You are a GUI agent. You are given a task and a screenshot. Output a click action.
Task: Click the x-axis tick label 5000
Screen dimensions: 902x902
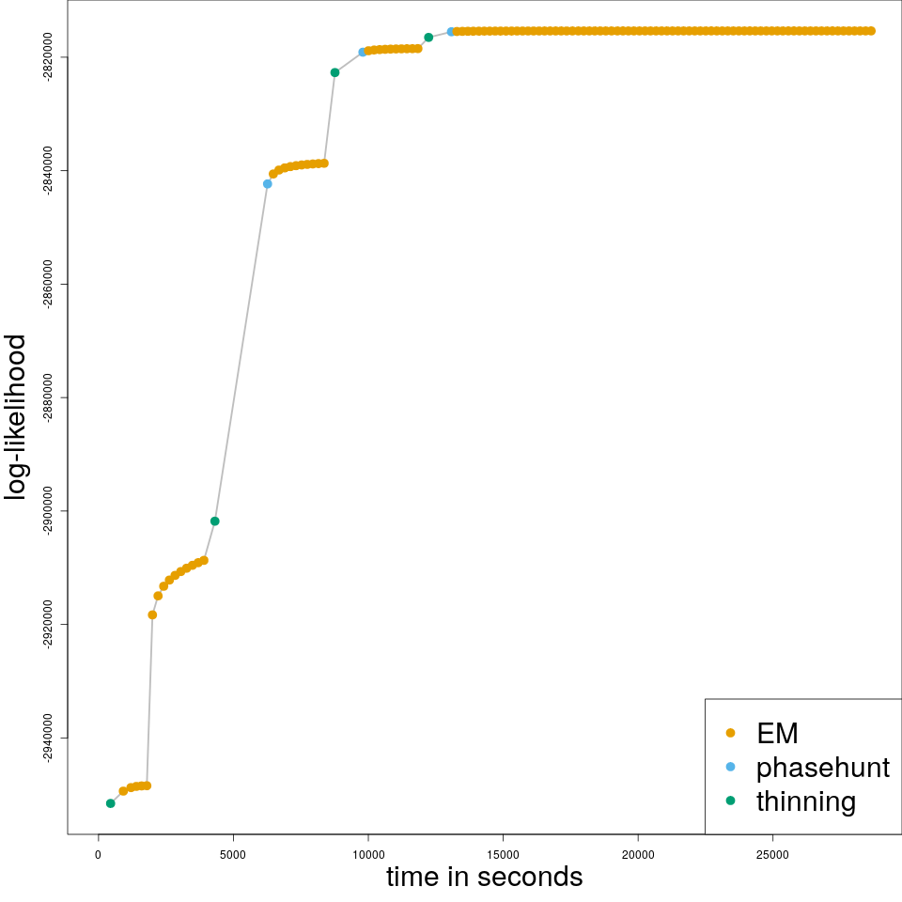click(233, 853)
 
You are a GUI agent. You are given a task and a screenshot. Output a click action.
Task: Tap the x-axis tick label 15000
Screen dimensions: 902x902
click(503, 853)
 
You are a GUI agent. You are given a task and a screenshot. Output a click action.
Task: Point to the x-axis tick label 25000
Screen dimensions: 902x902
click(772, 853)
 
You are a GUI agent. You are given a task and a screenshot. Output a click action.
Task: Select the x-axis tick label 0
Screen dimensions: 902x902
click(98, 853)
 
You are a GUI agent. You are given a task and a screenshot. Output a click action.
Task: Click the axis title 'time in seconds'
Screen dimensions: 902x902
click(484, 877)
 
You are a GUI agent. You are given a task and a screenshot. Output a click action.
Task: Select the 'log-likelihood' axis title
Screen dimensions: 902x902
click(17, 417)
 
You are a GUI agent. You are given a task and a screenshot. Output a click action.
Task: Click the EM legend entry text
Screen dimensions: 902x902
click(777, 733)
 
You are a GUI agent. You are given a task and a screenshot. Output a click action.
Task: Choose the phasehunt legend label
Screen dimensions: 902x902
click(822, 767)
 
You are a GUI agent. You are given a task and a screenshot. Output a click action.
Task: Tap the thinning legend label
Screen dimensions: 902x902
click(806, 801)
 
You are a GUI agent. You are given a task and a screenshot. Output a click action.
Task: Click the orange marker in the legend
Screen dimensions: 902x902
click(731, 733)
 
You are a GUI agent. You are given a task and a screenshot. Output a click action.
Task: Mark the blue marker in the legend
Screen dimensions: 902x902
click(731, 767)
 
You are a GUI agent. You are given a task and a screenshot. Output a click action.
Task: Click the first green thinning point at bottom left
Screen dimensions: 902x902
click(110, 803)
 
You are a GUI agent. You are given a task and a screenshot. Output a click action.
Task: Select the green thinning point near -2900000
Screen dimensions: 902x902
click(215, 521)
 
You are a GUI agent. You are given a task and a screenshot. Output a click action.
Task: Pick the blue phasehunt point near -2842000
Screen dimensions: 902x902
click(268, 184)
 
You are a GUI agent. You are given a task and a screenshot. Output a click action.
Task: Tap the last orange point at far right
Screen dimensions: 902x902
click(871, 31)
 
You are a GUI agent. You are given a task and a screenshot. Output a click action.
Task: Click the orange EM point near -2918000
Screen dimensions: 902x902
click(152, 614)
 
